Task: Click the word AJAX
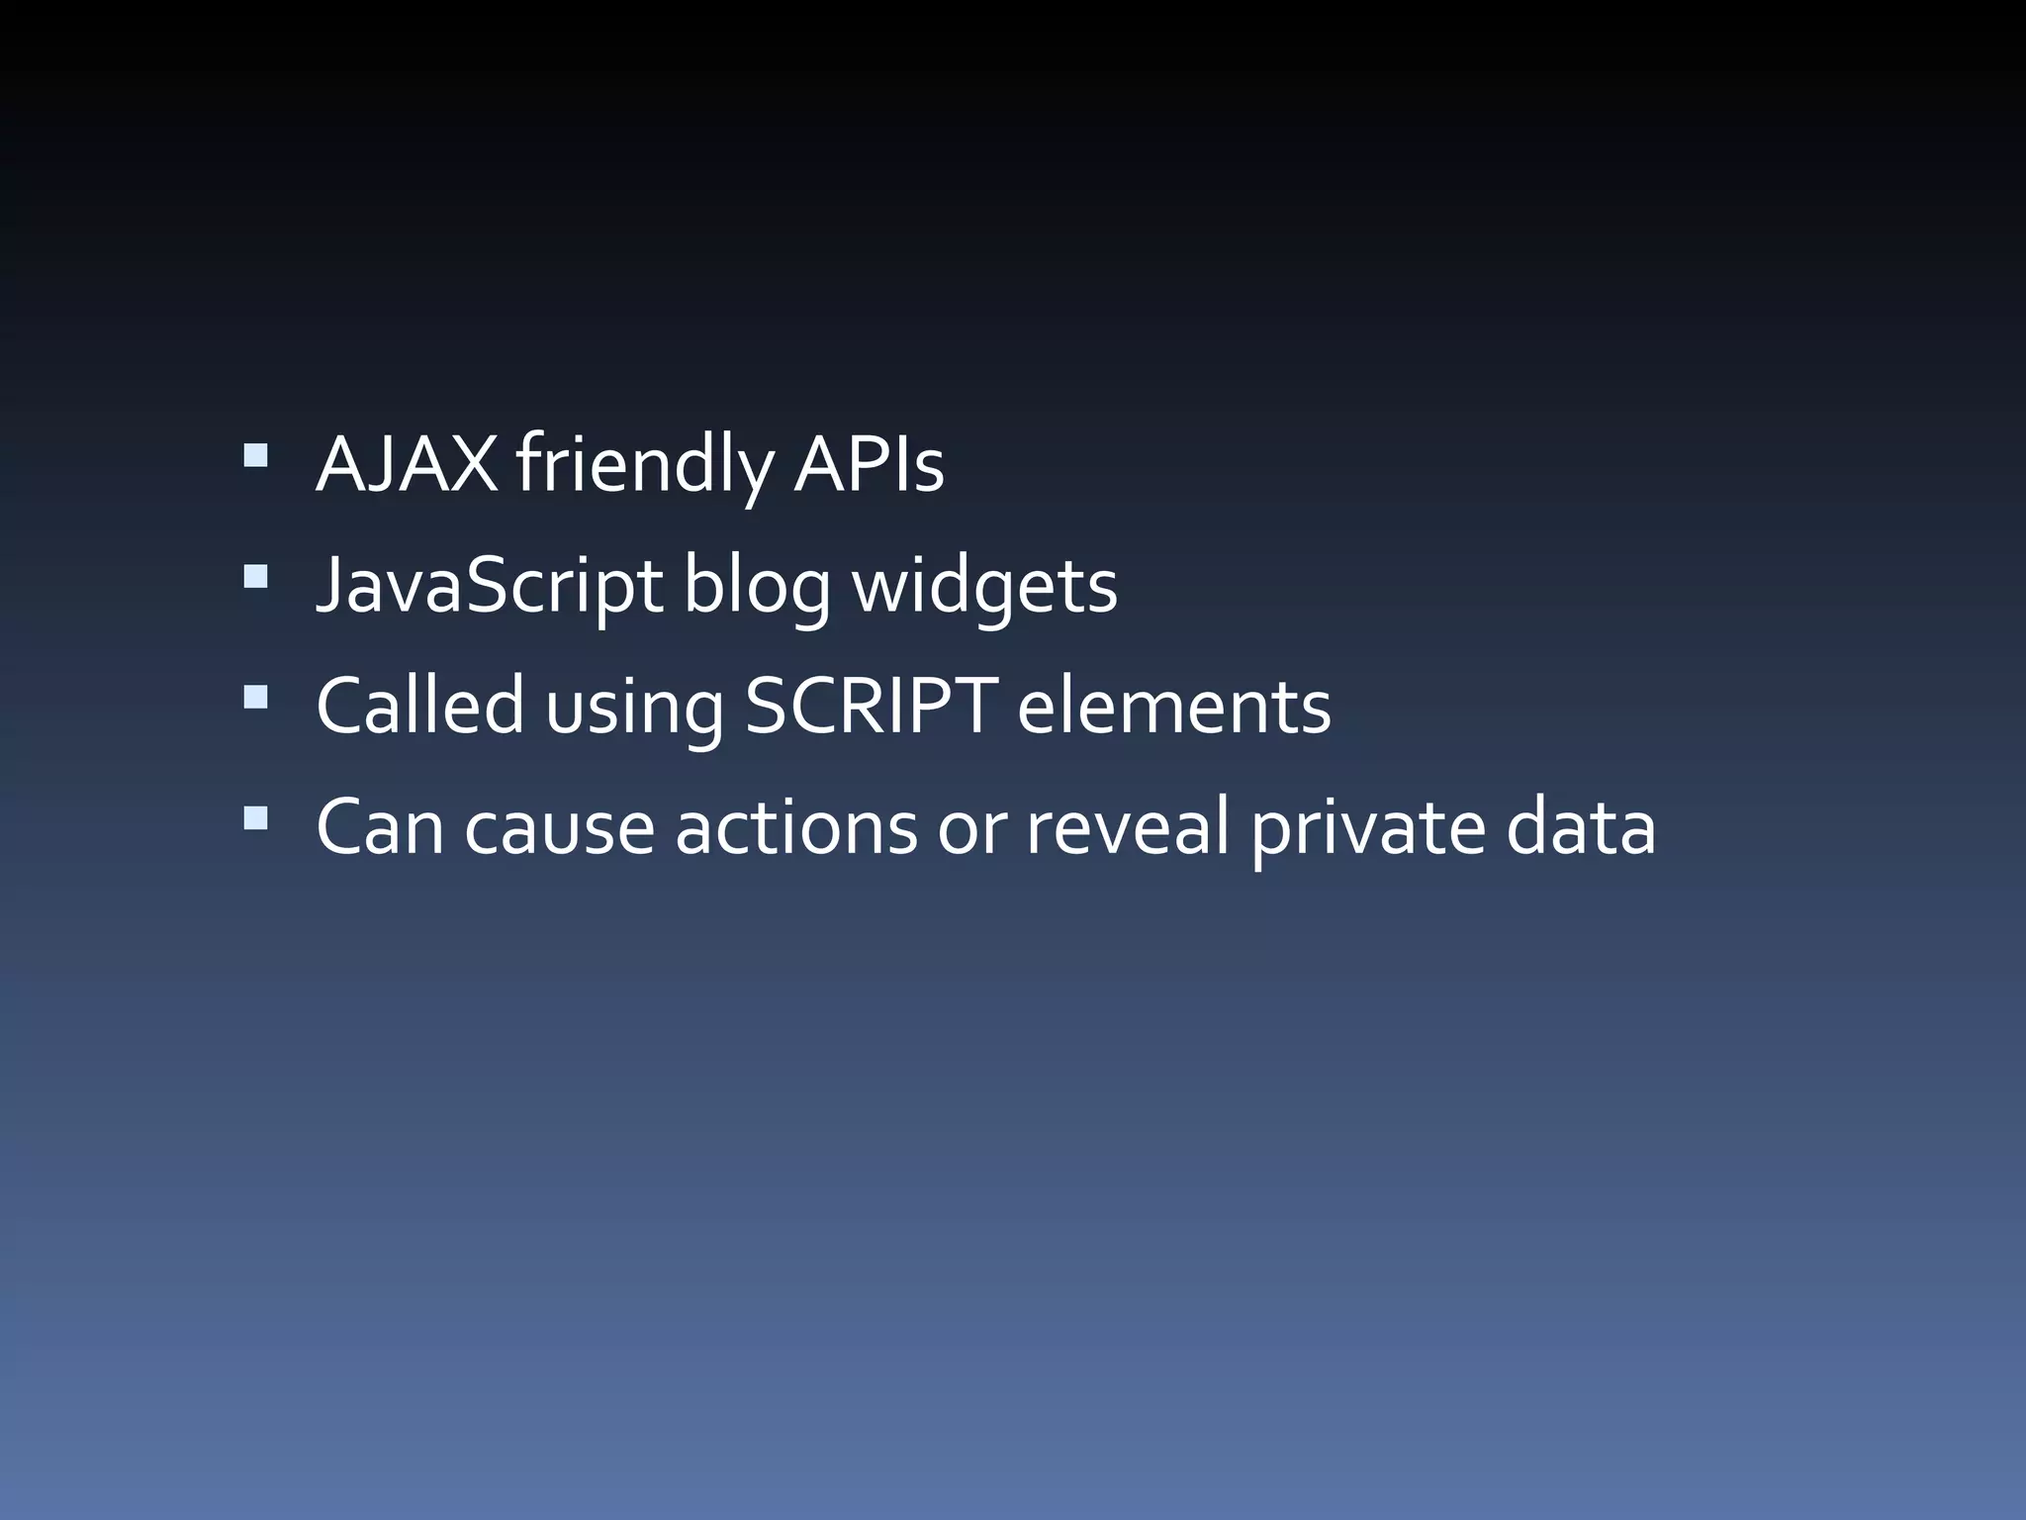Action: (x=407, y=464)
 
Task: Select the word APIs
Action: (x=869, y=464)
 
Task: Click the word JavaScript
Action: (x=489, y=586)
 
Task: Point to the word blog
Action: (x=757, y=586)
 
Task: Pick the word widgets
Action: (x=984, y=586)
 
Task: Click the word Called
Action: (x=419, y=706)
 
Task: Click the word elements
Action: (x=1173, y=706)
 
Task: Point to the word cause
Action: (x=559, y=827)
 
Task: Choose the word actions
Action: (x=796, y=827)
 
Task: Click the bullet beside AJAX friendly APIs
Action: (x=255, y=455)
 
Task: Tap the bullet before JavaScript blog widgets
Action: (x=255, y=576)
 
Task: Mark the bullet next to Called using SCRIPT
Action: (x=255, y=697)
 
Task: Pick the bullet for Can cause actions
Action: (x=255, y=817)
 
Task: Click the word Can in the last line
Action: (x=380, y=827)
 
